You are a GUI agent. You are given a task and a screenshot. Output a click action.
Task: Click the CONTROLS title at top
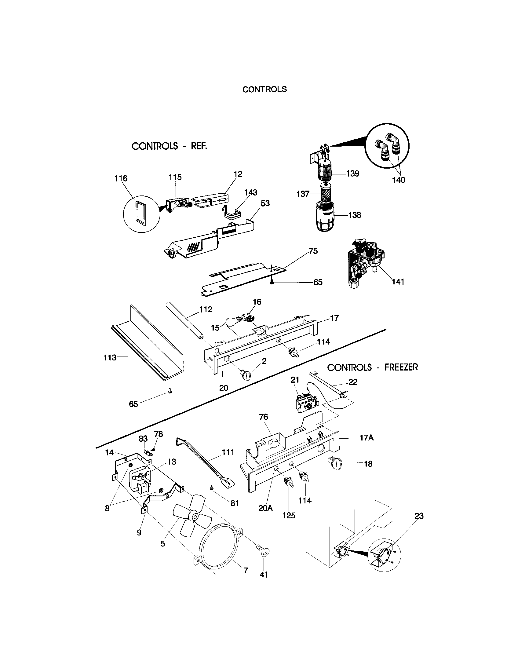264,89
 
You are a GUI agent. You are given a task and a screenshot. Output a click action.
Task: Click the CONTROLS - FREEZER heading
372,367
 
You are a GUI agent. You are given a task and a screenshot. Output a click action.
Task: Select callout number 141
398,282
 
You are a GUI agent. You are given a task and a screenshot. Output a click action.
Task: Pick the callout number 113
110,358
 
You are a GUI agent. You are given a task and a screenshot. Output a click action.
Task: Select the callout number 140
399,180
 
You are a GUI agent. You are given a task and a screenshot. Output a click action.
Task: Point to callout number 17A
366,437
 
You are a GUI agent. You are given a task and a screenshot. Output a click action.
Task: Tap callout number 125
289,515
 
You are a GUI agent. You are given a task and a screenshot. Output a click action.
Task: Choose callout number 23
419,516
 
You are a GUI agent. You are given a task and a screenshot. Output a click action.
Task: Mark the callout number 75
313,251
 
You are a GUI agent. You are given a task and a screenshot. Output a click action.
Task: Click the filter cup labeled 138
326,218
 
